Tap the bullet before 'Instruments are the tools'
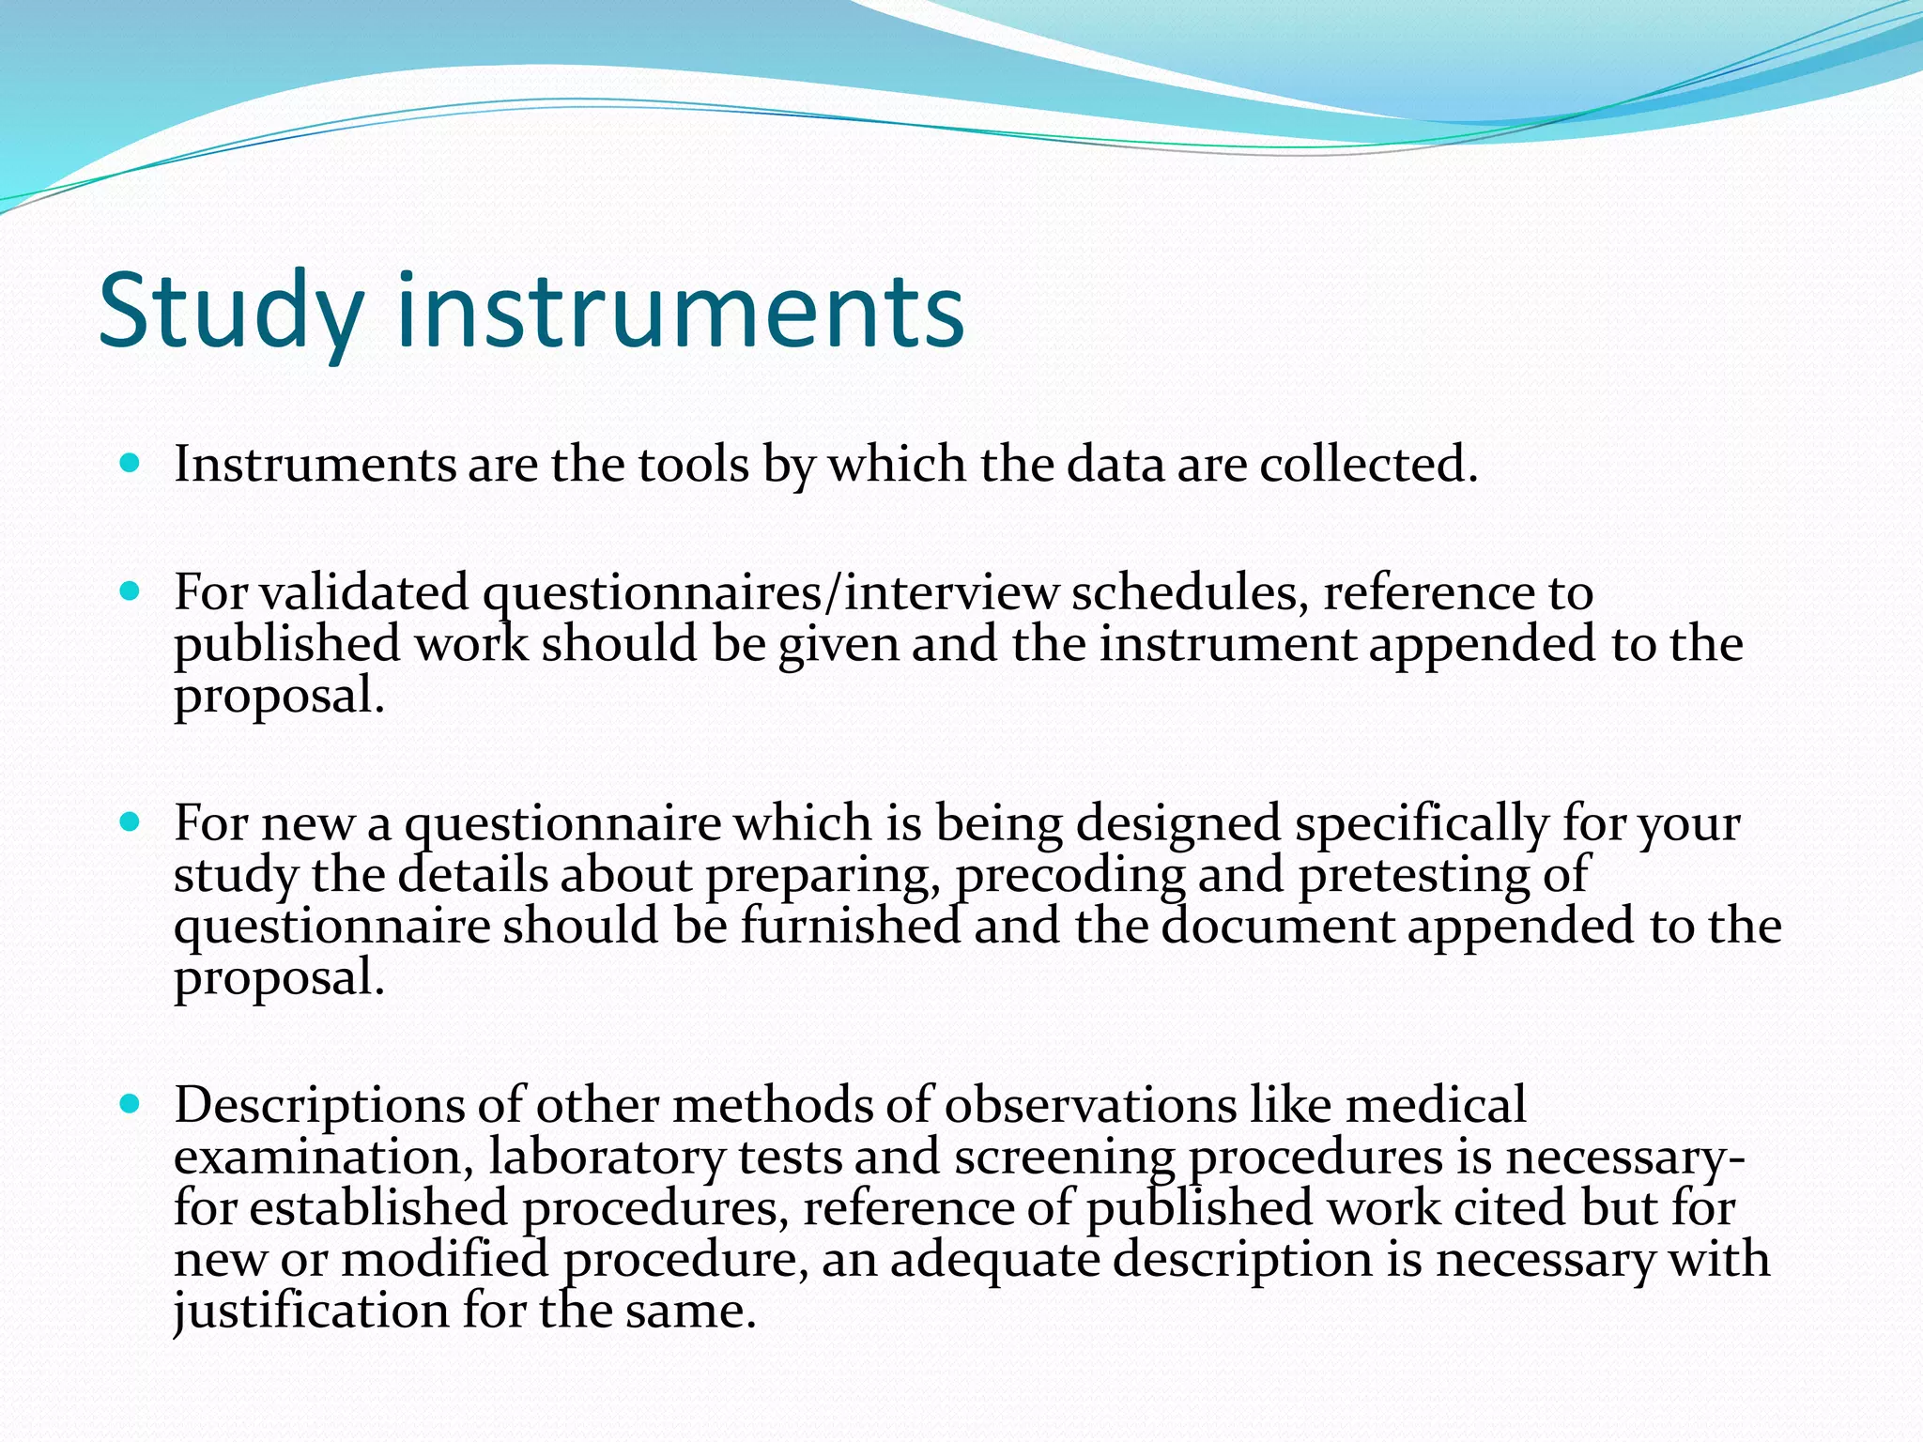click(x=131, y=463)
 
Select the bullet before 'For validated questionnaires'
click(x=131, y=591)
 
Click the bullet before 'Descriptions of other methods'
click(x=131, y=1104)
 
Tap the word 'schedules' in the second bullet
click(x=1189, y=593)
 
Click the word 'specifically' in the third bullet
click(x=1422, y=824)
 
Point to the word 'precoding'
click(x=1070, y=876)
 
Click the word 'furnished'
click(x=851, y=927)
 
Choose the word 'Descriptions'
click(x=319, y=1106)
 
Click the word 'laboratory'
click(x=607, y=1158)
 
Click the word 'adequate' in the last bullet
click(x=995, y=1261)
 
